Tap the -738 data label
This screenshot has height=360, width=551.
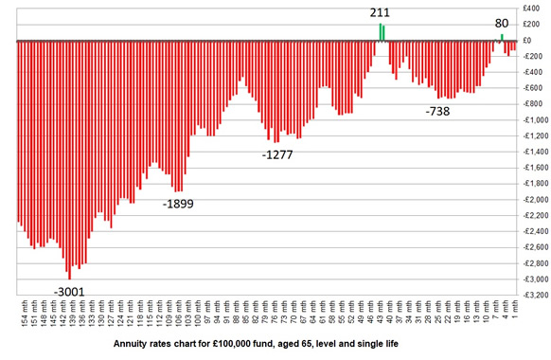(438, 111)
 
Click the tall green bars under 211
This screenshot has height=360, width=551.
(382, 32)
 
